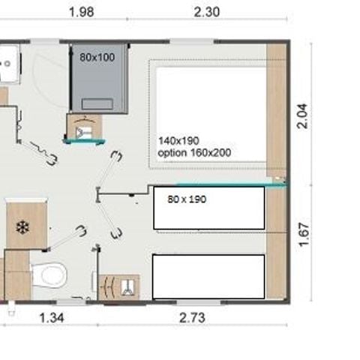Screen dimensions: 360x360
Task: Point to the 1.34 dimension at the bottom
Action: [52, 317]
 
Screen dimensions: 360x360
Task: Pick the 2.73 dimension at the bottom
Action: [192, 317]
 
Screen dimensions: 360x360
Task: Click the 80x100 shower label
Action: [97, 56]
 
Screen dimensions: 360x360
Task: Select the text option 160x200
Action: [194, 152]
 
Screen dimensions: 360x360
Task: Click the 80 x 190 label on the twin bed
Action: [187, 199]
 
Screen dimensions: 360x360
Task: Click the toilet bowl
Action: [51, 275]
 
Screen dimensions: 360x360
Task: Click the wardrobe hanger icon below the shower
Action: [84, 128]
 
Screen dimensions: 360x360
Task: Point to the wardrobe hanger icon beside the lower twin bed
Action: [118, 286]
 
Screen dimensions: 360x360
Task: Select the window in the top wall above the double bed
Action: [194, 40]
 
